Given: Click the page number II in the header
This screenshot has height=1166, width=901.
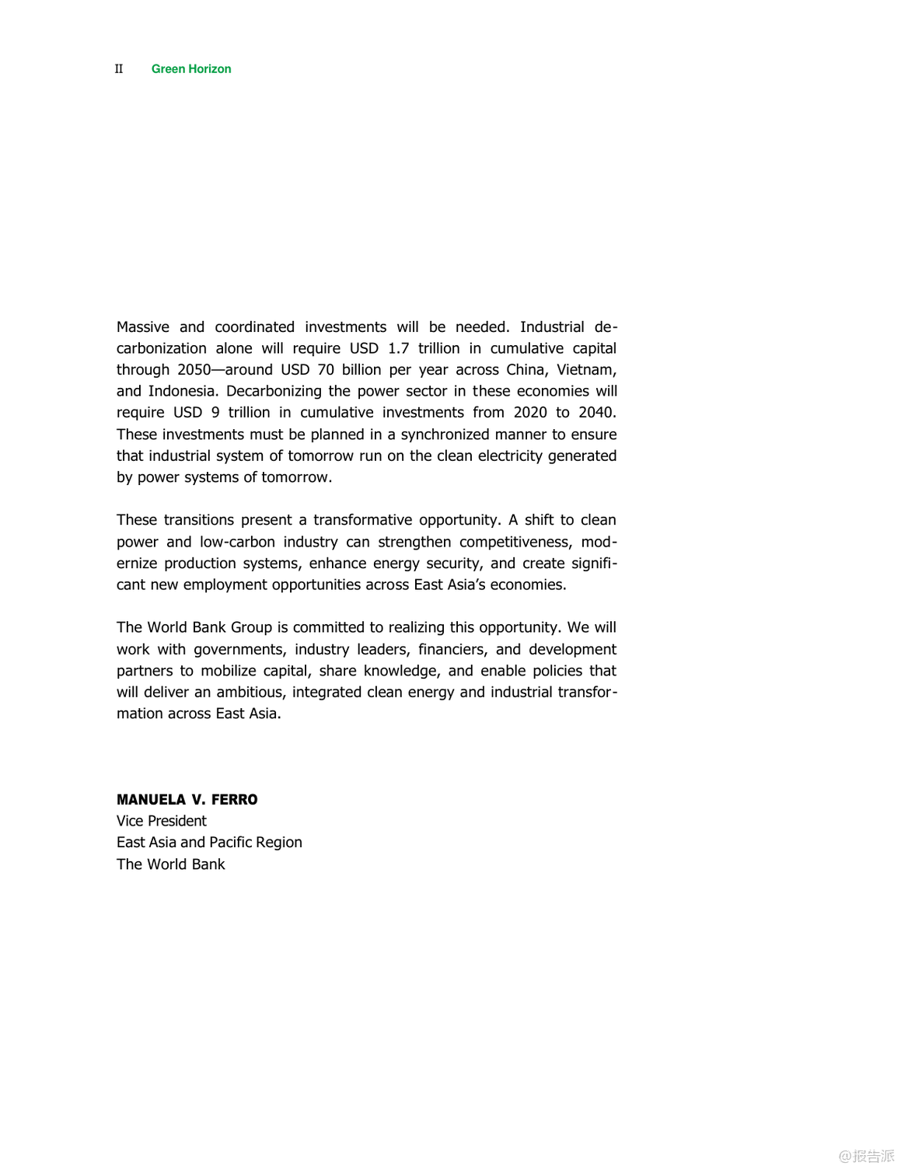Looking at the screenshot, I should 119,69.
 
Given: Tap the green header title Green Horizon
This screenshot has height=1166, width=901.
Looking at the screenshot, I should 191,69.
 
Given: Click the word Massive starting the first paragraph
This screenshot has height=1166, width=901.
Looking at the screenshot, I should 143,327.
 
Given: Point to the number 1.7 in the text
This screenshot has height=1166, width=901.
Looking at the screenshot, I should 398,348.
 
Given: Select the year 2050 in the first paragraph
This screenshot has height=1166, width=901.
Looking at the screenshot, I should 194,370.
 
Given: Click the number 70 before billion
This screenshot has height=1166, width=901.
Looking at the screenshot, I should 326,370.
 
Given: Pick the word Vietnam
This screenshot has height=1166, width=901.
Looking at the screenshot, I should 585,370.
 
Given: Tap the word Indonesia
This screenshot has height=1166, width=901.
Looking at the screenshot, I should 182,391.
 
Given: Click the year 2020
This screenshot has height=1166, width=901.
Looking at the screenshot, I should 529,413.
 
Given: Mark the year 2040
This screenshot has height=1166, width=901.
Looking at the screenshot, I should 596,413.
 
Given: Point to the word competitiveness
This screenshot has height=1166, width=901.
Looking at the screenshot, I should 515,542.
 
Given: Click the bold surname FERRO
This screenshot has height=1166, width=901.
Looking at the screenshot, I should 234,800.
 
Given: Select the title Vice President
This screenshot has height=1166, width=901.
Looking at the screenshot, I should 162,821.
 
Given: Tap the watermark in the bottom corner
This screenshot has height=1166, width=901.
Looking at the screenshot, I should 866,1156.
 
